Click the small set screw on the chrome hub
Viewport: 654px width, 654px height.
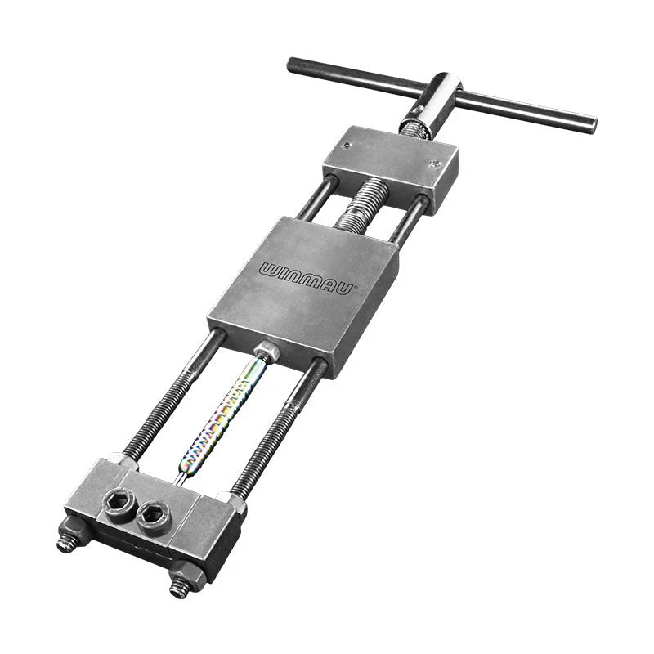[419, 110]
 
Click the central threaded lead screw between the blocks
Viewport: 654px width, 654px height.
[356, 205]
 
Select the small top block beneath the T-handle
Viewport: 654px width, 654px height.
[390, 167]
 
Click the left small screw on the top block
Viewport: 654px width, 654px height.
[347, 145]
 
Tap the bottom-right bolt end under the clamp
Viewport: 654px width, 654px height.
[178, 587]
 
